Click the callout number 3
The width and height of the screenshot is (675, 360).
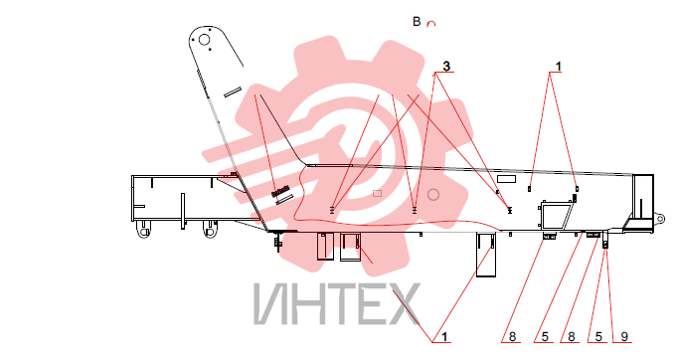[x=446, y=67]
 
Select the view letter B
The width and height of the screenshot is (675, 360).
[x=417, y=22]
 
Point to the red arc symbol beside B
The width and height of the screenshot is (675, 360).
[x=430, y=24]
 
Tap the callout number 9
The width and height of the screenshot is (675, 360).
[x=624, y=336]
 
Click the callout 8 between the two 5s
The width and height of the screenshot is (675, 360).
[x=572, y=336]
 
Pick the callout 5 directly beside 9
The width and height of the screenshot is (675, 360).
[x=598, y=336]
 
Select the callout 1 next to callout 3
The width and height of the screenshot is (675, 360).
[x=559, y=67]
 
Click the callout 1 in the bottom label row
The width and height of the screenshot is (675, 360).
[x=444, y=336]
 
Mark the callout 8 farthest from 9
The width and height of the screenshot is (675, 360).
[x=512, y=336]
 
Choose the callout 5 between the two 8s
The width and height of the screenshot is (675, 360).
[x=545, y=336]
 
